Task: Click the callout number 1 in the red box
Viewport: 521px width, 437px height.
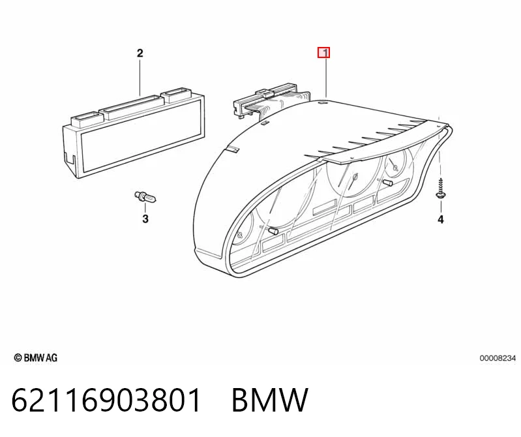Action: pos(324,53)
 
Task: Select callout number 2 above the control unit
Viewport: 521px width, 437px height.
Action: pos(140,53)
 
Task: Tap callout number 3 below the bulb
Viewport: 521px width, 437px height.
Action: pos(145,219)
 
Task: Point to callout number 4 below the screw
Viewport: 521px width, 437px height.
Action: pos(441,219)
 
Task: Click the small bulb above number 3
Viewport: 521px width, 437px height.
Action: pos(145,197)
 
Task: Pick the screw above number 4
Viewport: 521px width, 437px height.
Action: pos(441,188)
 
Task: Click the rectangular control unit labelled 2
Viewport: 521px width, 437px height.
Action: pos(134,132)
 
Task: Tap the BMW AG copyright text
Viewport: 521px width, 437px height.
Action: pos(36,358)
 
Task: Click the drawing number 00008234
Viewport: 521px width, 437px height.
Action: pos(498,358)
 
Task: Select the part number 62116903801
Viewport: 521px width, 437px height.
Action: pos(106,400)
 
